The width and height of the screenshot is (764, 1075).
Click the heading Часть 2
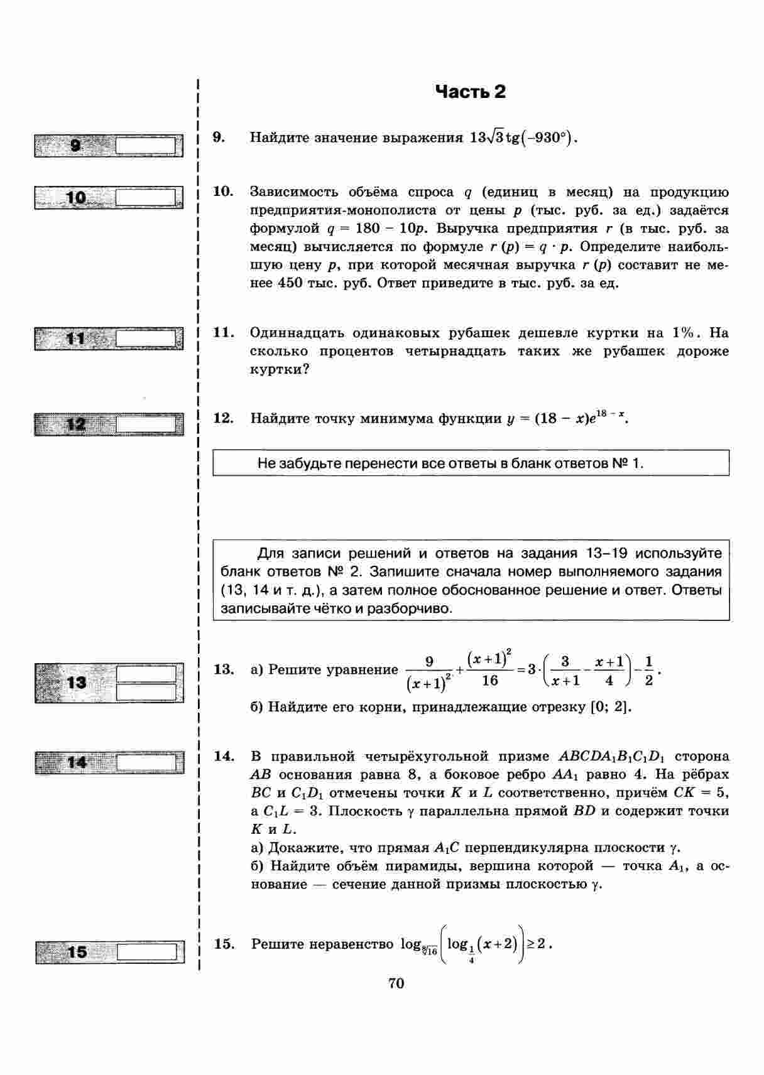470,92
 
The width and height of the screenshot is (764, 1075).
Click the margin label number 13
76,682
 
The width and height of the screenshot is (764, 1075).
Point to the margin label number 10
76,198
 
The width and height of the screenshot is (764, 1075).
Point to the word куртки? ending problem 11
280,369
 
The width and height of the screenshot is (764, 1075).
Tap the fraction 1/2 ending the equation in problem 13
648,671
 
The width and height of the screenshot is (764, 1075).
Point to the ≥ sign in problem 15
532,943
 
